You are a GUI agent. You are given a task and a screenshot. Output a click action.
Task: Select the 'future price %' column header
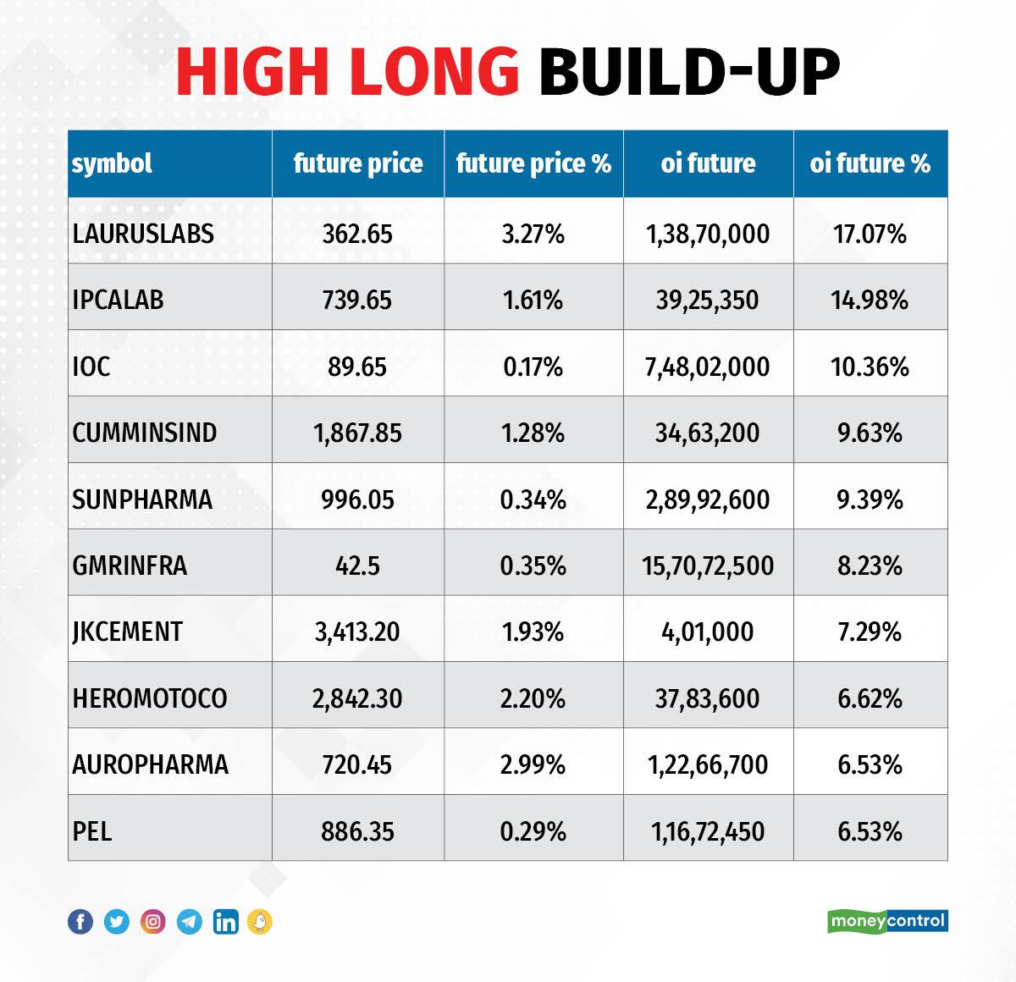[533, 163]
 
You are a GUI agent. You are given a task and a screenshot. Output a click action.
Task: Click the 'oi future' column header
[708, 163]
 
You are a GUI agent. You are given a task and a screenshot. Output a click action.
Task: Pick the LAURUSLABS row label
[143, 234]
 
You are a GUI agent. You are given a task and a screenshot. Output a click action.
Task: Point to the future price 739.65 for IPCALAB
[357, 300]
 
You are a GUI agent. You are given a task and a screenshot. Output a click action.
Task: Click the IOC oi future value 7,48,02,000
[708, 367]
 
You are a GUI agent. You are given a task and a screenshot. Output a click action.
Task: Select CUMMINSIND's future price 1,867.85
[357, 433]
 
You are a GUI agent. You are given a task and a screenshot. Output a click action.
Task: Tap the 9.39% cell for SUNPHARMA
[870, 499]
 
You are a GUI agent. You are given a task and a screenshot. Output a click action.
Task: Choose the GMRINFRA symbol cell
[130, 565]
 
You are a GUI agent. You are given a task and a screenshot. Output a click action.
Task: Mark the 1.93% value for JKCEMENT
[533, 632]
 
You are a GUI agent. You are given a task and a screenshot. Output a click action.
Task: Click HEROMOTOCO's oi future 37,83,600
[708, 698]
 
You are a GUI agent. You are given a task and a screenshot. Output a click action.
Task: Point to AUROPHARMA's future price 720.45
[357, 764]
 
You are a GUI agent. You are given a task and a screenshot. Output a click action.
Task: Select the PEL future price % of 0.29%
[533, 831]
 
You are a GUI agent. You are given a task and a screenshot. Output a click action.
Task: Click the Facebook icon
[80, 921]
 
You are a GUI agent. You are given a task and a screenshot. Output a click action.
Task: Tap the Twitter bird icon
[117, 921]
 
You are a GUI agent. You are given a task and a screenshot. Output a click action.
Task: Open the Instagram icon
[153, 921]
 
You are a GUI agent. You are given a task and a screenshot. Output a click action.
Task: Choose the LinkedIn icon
[226, 921]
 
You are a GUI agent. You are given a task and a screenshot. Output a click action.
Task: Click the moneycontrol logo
[887, 920]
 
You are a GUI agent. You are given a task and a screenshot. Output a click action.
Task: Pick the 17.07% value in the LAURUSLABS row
[870, 234]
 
